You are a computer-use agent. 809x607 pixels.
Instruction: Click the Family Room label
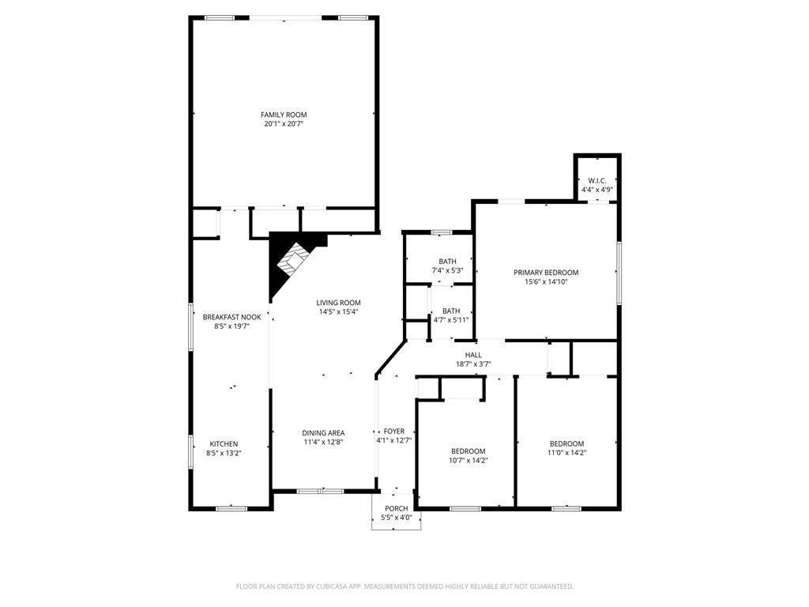point(284,115)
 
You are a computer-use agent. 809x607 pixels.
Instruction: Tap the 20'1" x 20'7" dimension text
point(284,124)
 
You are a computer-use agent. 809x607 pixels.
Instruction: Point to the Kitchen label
point(224,444)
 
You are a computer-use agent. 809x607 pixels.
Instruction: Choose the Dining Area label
point(323,432)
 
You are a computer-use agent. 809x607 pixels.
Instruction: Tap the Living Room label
point(338,303)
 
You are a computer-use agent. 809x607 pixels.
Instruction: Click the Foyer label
point(394,432)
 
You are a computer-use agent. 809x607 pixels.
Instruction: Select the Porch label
point(396,508)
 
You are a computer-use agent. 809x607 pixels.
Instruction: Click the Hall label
point(473,356)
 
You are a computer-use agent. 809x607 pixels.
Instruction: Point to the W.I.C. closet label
point(596,181)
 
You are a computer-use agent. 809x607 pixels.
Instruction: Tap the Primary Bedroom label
point(546,273)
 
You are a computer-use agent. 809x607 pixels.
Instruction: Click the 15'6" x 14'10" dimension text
point(546,281)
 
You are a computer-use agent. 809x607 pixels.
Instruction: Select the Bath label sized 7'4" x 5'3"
point(447,262)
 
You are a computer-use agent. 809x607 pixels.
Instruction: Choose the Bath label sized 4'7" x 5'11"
point(451,311)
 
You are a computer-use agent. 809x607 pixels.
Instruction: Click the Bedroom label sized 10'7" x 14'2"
point(468,451)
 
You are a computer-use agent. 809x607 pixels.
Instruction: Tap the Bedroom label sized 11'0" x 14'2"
point(566,443)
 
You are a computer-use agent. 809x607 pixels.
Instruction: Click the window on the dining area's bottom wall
point(320,491)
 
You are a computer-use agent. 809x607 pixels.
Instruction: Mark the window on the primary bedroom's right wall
point(619,273)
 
